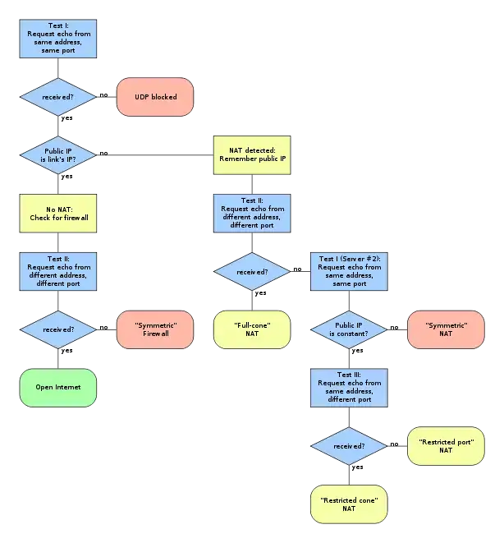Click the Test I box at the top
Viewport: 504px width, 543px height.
click(x=57, y=39)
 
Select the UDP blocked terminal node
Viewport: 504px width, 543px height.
click(x=155, y=97)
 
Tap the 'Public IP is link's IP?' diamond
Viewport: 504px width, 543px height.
click(x=57, y=155)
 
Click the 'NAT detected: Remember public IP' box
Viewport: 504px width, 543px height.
click(x=252, y=155)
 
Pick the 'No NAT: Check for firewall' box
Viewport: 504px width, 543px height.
click(x=57, y=214)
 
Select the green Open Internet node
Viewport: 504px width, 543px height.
click(x=57, y=388)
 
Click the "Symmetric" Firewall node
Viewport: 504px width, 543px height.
click(x=155, y=329)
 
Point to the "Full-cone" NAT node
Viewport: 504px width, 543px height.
click(x=252, y=329)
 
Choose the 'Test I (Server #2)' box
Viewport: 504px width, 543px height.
click(x=349, y=271)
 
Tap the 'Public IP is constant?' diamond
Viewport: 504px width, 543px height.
click(x=349, y=329)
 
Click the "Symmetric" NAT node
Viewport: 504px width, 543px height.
click(x=446, y=329)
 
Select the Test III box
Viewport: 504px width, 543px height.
click(x=349, y=388)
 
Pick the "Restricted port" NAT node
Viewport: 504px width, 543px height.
click(x=446, y=446)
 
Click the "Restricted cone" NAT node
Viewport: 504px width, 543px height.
click(x=349, y=504)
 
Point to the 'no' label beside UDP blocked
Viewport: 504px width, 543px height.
click(x=103, y=95)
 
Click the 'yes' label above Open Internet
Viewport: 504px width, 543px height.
click(x=66, y=351)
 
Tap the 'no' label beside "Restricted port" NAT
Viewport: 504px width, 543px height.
click(x=394, y=444)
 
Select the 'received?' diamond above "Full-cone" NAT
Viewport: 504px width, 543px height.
click(x=252, y=271)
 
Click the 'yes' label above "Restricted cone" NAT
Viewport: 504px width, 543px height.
click(x=357, y=467)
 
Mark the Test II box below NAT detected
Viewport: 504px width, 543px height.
click(x=252, y=214)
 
